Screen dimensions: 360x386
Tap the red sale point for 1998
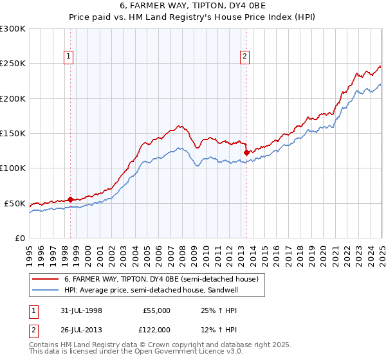coord(70,199)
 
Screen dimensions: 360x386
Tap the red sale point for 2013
coord(246,153)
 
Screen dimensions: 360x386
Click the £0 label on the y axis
coord(19,238)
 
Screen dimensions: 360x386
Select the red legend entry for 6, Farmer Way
coord(161,279)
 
